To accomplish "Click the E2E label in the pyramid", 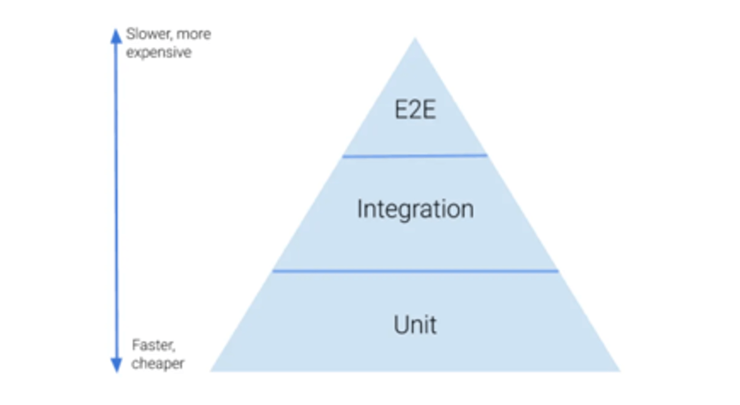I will [415, 110].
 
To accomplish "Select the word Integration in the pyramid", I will [415, 209].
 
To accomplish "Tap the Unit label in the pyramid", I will [415, 325].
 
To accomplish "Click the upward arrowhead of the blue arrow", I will [116, 36].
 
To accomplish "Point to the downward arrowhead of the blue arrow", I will [116, 365].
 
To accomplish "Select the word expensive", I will [159, 52].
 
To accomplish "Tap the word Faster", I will [153, 345].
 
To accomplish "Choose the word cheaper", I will [158, 363].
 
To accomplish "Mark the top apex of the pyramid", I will [415, 40].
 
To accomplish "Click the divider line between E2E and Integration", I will [415, 156].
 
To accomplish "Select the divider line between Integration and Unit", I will [415, 271].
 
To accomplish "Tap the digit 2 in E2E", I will [415, 110].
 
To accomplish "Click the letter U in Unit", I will [401, 325].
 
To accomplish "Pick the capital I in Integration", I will [360, 209].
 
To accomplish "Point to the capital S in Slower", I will [130, 34].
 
